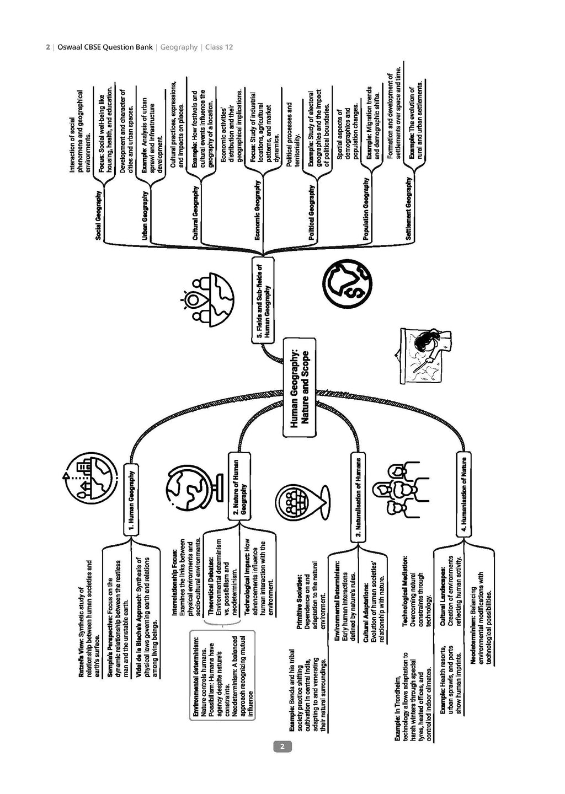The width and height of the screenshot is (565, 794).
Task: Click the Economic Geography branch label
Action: click(x=257, y=210)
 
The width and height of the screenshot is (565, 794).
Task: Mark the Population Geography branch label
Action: click(x=365, y=209)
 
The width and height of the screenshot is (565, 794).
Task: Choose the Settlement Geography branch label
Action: click(x=409, y=208)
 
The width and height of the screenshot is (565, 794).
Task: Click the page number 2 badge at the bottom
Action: click(x=282, y=747)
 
